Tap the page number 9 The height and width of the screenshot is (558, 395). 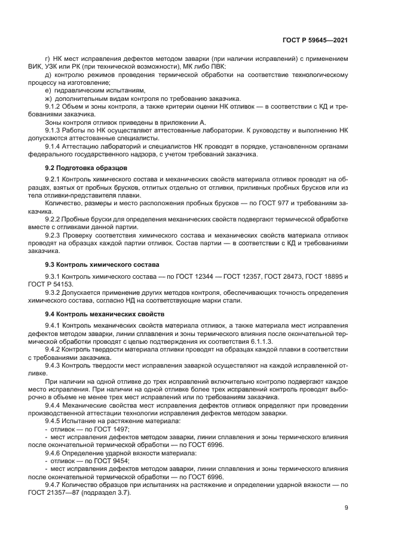click(346, 508)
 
